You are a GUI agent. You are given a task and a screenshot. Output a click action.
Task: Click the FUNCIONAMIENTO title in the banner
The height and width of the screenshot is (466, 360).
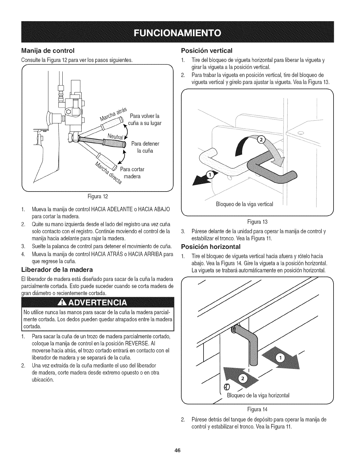tap(180, 32)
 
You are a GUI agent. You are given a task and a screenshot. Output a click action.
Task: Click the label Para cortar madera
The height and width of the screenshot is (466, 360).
tap(132, 173)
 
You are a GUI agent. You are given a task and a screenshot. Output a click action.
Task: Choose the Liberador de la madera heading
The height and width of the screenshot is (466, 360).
tap(57, 269)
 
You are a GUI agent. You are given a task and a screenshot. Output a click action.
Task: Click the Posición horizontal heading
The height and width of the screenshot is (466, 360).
tap(211, 246)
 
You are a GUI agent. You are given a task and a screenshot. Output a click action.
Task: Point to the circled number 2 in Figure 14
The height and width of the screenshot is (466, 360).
tap(243, 379)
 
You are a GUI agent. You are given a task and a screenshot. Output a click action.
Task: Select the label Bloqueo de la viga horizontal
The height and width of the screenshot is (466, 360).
tap(258, 395)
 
